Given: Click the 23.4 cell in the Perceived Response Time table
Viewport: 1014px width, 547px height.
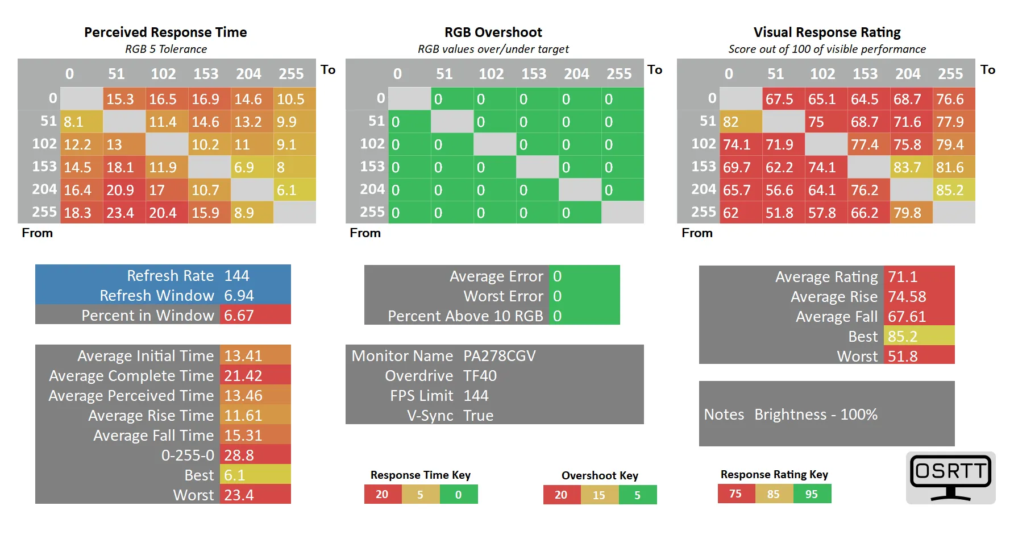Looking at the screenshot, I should pyautogui.click(x=124, y=213).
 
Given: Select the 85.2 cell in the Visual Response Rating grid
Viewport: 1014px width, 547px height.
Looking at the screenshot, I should pyautogui.click(x=954, y=190).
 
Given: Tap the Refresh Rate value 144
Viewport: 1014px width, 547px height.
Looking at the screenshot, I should pyautogui.click(x=237, y=276).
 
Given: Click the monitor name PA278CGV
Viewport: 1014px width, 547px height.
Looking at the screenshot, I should pyautogui.click(x=500, y=356).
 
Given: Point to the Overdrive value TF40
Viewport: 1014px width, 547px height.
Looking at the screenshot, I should pyautogui.click(x=480, y=376).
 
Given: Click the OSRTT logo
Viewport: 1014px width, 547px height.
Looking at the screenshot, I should pyautogui.click(x=950, y=478).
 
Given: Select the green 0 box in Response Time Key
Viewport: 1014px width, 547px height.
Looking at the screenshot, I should pyautogui.click(x=459, y=495).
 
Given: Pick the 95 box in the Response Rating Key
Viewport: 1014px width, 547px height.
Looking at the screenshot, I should pyautogui.click(x=812, y=494).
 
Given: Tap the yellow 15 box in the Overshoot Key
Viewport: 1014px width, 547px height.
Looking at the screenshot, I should pyautogui.click(x=599, y=495).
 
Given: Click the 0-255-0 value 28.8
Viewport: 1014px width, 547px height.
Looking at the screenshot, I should pyautogui.click(x=239, y=455).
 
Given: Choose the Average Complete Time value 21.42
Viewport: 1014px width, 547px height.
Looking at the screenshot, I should pyautogui.click(x=243, y=376).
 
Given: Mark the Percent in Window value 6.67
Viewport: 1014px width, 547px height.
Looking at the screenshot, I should pyautogui.click(x=239, y=316).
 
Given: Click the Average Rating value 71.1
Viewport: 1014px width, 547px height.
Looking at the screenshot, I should pyautogui.click(x=903, y=277).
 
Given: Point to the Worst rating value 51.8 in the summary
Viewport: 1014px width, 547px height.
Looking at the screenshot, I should pyautogui.click(x=903, y=357).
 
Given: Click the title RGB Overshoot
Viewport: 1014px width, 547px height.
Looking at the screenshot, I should pyautogui.click(x=493, y=32).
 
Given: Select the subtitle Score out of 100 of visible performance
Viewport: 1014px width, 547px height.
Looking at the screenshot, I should pyautogui.click(x=827, y=49).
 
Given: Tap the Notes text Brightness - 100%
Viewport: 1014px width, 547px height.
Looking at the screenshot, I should pyautogui.click(x=816, y=415).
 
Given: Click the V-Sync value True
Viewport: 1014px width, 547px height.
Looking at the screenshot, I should pyautogui.click(x=478, y=416).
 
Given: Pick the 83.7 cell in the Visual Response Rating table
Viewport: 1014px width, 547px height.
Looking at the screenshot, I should pyautogui.click(x=911, y=167).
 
